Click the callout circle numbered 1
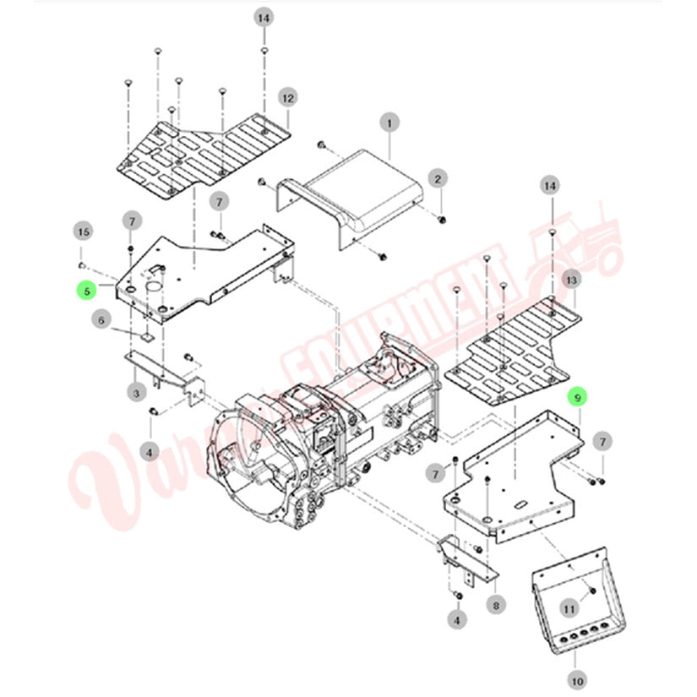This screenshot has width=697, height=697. tap(389, 123)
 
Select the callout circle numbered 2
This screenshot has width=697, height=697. tap(438, 178)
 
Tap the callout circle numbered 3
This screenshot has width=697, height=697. tap(135, 392)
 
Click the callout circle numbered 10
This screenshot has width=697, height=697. tap(578, 678)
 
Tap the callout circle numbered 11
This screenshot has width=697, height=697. tap(569, 607)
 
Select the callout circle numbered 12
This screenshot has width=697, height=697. tap(288, 99)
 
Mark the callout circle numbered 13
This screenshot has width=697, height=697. tap(572, 279)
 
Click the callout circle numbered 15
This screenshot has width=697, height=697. tap(82, 231)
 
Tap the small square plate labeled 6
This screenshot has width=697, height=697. tap(144, 335)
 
